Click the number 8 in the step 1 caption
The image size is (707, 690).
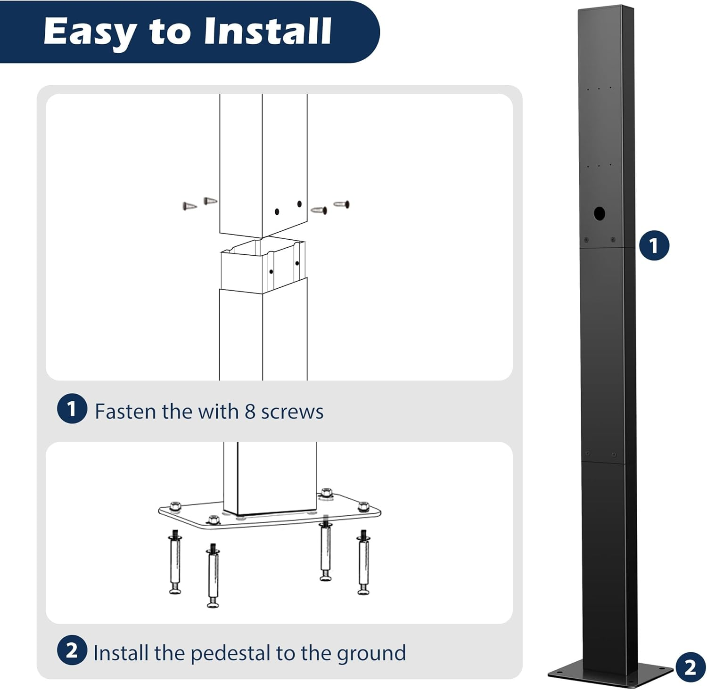point(250,412)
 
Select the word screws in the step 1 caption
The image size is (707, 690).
point(292,412)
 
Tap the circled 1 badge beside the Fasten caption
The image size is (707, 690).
point(72,409)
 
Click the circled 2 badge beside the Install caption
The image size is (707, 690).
point(72,650)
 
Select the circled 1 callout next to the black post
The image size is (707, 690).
point(654,245)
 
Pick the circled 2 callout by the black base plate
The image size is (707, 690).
point(690,667)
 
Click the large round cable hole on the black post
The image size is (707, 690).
point(599,213)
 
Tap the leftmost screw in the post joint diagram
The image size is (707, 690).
point(189,206)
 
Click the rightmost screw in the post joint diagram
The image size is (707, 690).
point(342,204)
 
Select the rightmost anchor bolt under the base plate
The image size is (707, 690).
point(363,563)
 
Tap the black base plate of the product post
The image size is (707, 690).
point(610,674)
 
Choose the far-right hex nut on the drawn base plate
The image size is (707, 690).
point(363,506)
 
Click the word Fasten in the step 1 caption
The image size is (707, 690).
point(125,412)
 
